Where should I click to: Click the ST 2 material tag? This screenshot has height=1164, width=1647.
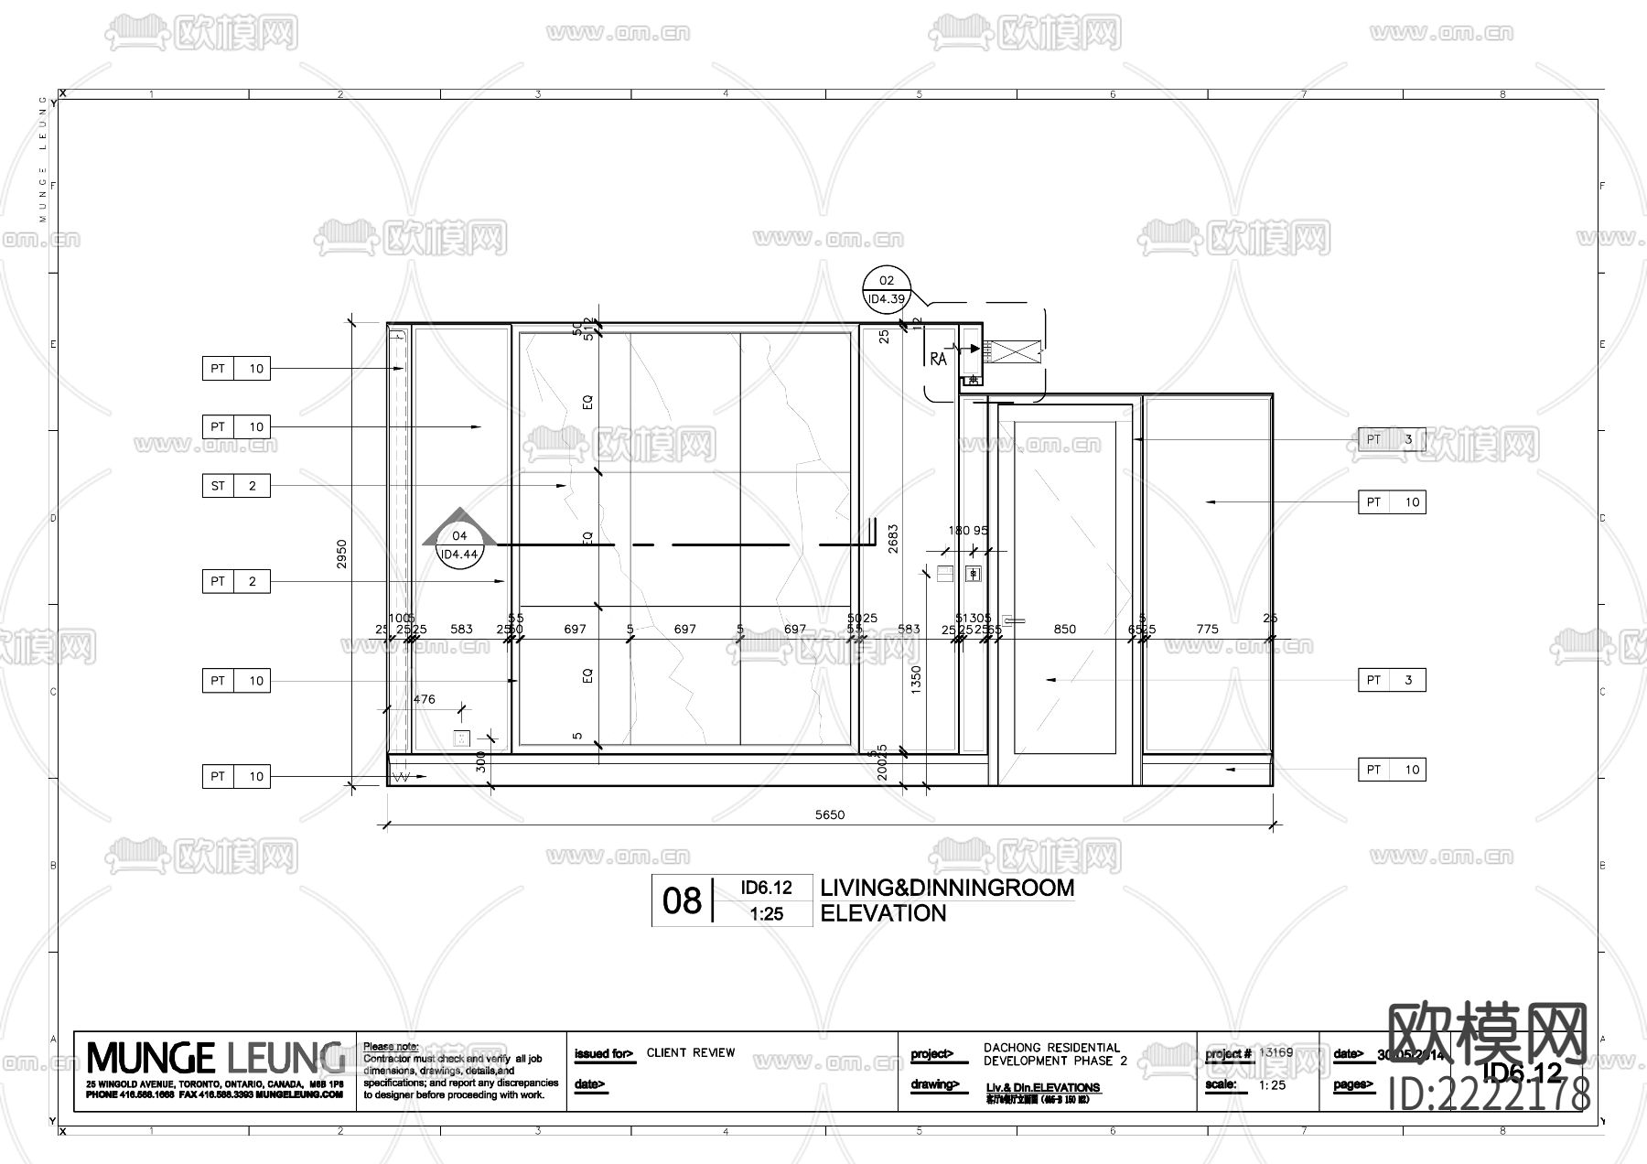click(235, 486)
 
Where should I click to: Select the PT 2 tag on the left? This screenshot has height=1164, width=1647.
click(235, 581)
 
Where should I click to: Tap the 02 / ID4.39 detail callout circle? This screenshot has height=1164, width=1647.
click(886, 289)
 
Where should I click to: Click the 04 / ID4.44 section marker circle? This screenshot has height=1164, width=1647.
click(459, 545)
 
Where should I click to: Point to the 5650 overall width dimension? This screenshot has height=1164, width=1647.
click(830, 814)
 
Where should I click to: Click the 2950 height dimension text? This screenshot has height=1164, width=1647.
click(341, 553)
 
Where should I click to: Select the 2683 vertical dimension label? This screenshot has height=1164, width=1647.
click(893, 538)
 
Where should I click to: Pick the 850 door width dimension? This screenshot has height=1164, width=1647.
click(1064, 629)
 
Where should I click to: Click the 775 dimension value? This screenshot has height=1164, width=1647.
click(1207, 629)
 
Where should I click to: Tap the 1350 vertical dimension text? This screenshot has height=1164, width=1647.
click(917, 679)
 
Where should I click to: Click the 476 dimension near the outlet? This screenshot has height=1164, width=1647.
click(425, 699)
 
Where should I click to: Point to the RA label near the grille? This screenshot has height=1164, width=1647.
click(938, 360)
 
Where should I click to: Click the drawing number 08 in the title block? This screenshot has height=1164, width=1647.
click(682, 901)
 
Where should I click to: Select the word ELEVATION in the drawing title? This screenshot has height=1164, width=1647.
click(883, 913)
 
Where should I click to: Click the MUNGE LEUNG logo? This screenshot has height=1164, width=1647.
click(215, 1059)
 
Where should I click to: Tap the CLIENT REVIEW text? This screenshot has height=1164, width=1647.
click(691, 1053)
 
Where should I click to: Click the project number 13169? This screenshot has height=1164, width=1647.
click(1276, 1052)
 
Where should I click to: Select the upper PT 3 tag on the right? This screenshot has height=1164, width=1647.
click(1391, 439)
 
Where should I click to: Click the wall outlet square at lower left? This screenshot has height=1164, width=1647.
click(462, 738)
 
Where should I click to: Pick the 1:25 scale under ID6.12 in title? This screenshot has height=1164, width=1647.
click(766, 913)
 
